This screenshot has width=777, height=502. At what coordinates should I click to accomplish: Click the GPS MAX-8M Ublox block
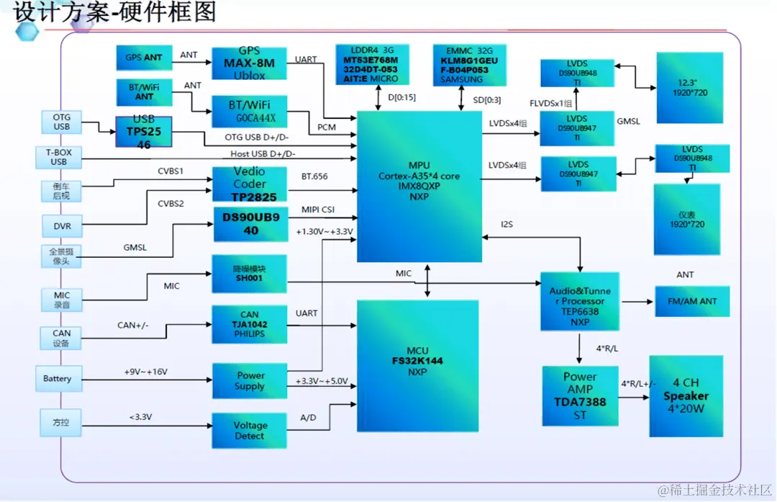[249, 63]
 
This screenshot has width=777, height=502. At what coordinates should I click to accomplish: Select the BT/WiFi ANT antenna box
[144, 91]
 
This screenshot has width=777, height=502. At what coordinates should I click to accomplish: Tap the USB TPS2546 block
[143, 132]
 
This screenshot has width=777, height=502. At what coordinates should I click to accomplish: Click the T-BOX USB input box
[58, 157]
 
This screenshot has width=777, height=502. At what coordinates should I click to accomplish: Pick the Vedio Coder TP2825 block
[249, 184]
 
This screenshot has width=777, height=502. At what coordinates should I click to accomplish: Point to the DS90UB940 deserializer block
[250, 225]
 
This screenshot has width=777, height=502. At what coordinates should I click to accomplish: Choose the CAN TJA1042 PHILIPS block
[249, 324]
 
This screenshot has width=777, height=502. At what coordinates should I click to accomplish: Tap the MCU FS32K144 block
[417, 367]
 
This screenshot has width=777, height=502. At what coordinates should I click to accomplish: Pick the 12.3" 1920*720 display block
[689, 87]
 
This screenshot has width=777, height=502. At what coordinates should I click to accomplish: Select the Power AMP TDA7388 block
[579, 396]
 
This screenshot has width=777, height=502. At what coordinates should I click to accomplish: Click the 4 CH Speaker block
[685, 396]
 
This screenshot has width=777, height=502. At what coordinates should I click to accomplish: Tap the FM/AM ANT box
[691, 301]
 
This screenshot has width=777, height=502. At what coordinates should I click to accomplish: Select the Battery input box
[58, 379]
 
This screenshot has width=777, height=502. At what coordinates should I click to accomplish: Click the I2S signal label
[506, 225]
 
